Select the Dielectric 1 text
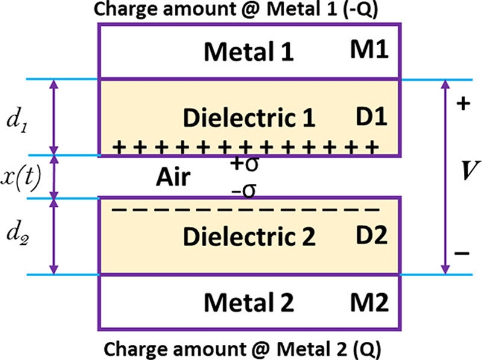pyautogui.click(x=249, y=118)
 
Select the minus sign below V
pyautogui.click(x=463, y=253)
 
